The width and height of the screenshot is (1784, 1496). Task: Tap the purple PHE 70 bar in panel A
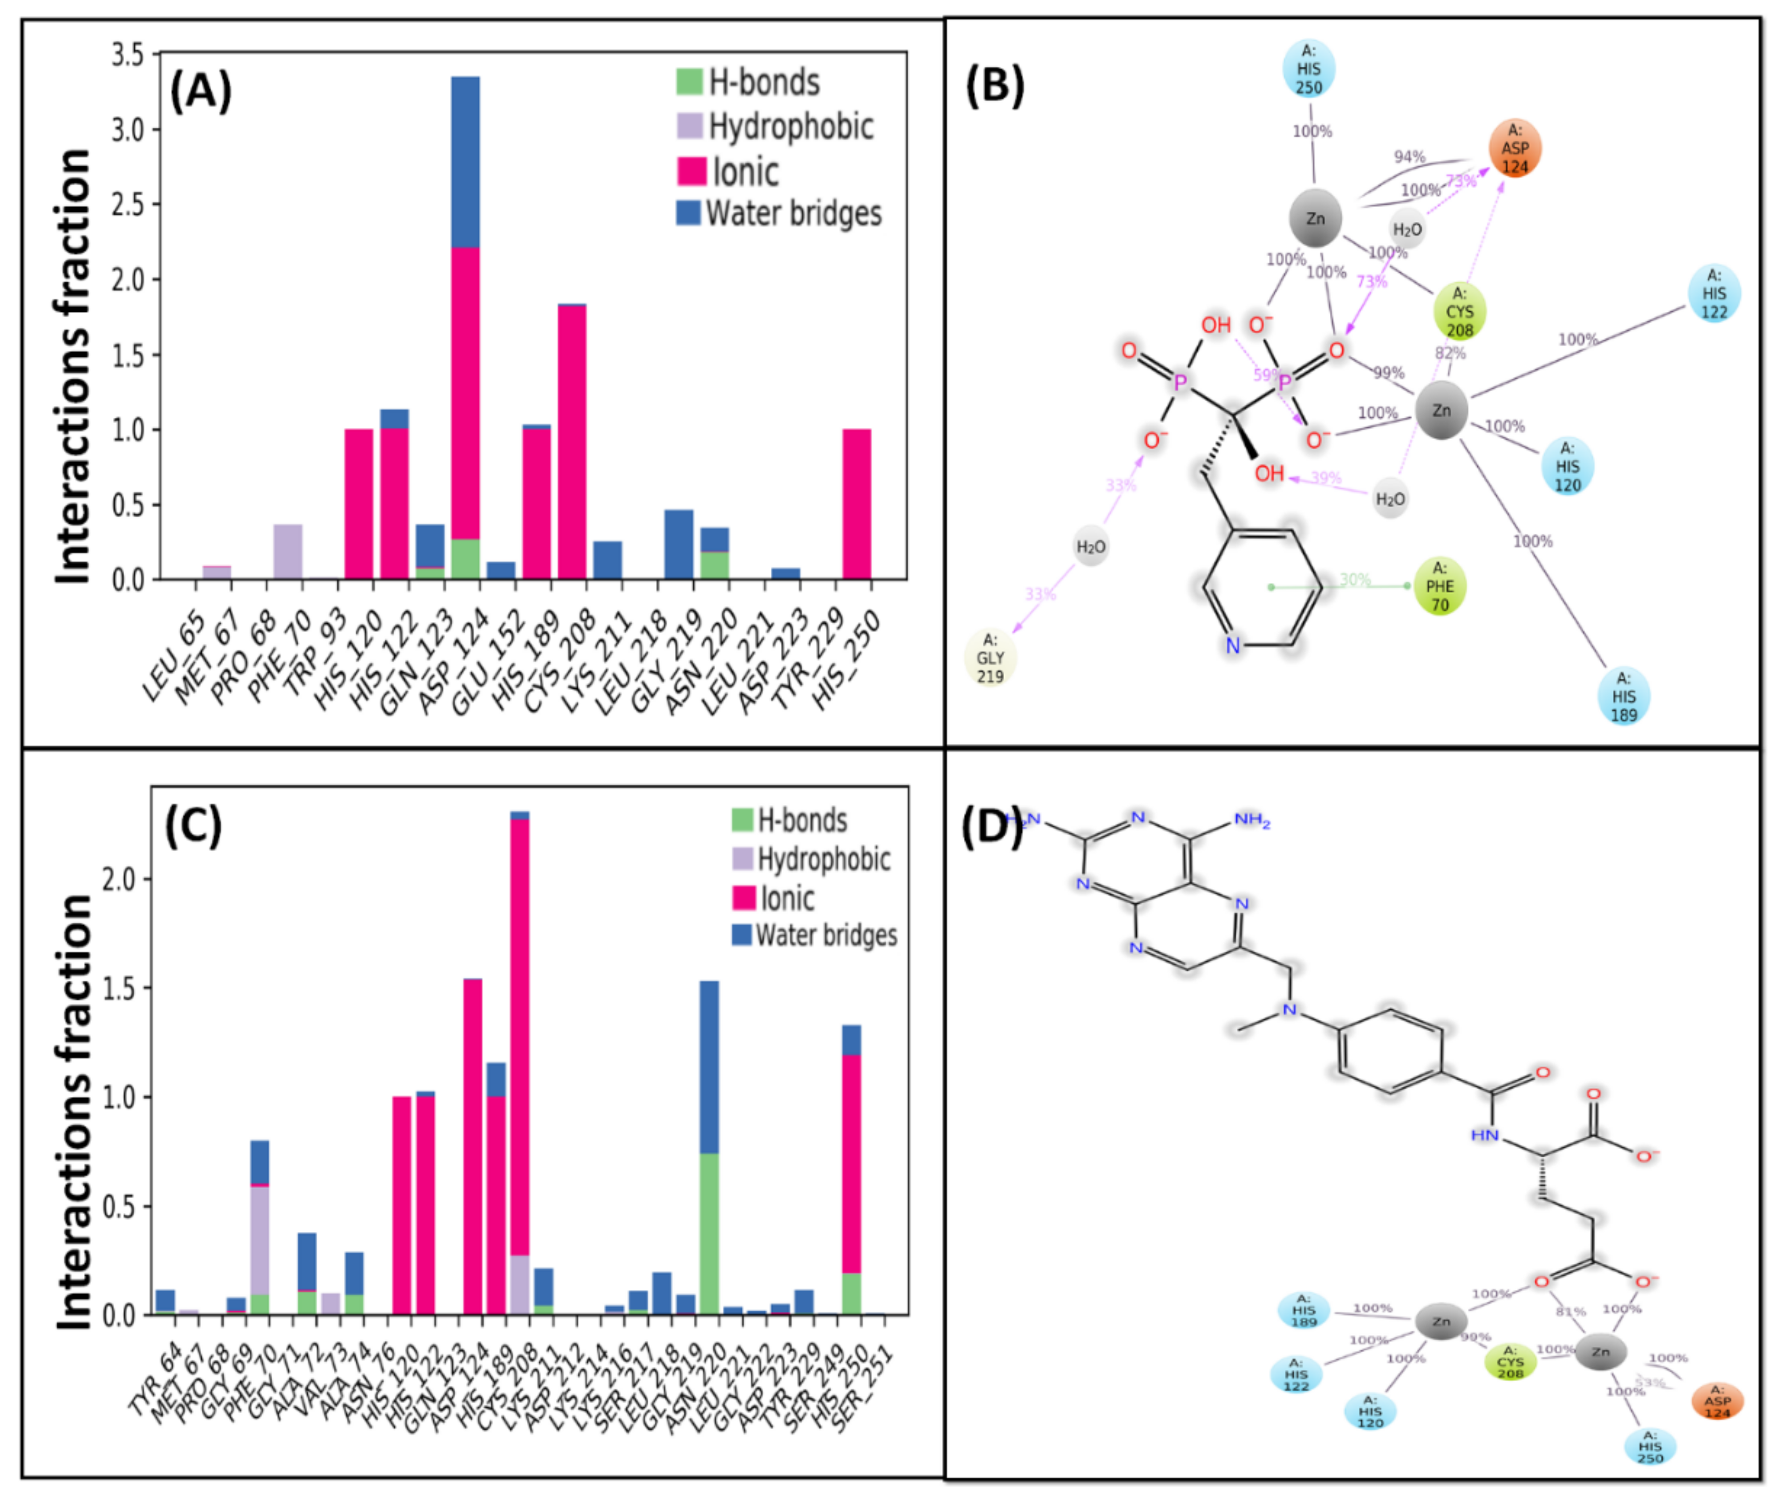tap(287, 551)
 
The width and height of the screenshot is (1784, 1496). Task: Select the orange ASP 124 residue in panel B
tap(1515, 149)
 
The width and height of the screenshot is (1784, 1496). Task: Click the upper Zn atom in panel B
tap(1315, 218)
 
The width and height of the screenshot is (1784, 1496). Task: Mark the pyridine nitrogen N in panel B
tap(1232, 646)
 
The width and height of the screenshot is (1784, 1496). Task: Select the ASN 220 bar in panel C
tap(708, 1147)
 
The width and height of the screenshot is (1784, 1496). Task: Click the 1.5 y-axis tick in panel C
tap(119, 988)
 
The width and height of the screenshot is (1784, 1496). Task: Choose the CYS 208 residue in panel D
tap(1510, 1362)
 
